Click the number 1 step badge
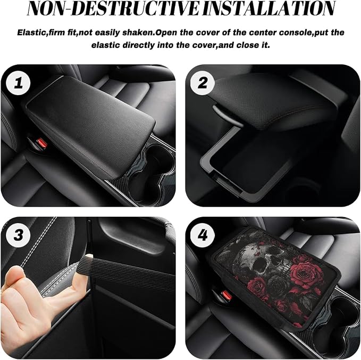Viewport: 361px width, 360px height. coord(18,83)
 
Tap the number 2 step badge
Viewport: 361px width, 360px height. coord(203,83)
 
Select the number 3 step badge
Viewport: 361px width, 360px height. coord(18,235)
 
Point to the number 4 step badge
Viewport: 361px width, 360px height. coord(203,235)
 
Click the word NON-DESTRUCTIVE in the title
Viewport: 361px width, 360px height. coord(113,9)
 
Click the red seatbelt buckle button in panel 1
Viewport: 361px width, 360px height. coord(43,143)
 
